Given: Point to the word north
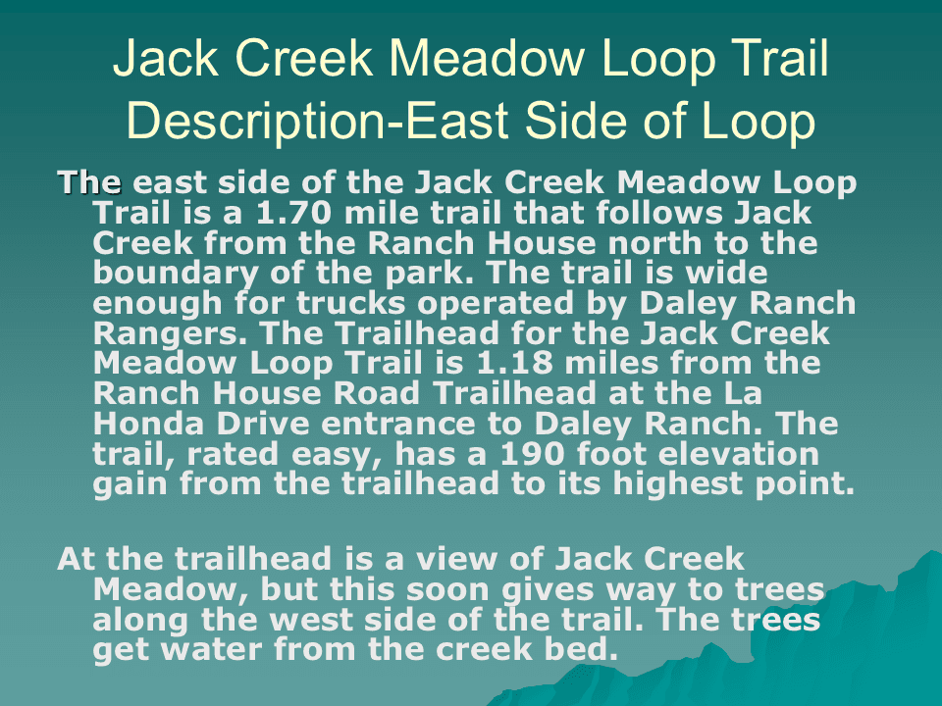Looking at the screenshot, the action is click(x=655, y=243).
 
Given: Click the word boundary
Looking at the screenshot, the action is click(x=176, y=275).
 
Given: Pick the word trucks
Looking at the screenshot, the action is click(x=351, y=303).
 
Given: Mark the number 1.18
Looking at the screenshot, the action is click(x=515, y=363).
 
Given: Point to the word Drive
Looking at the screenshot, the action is click(x=263, y=424).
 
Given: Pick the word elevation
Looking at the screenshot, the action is click(x=739, y=454).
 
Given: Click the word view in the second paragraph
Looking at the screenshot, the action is click(x=456, y=559).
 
